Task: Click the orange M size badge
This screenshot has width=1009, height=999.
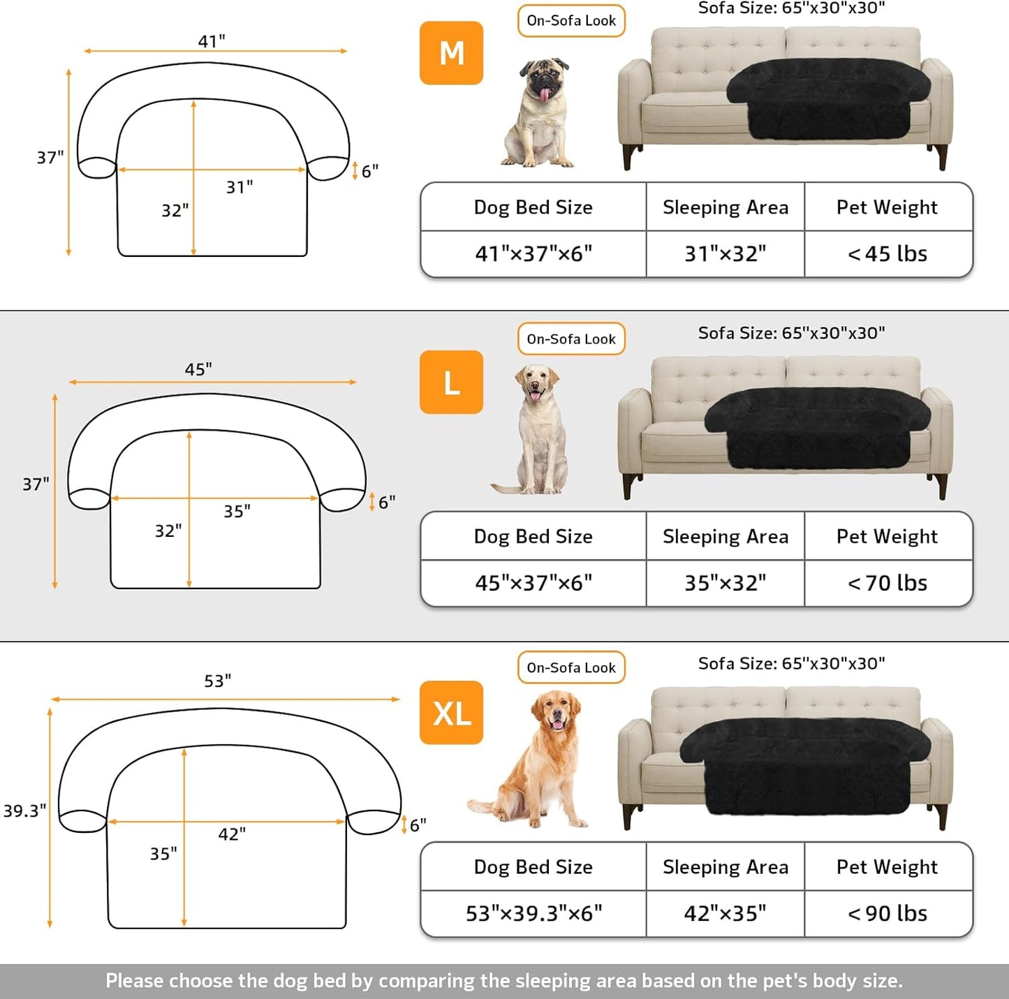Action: coord(451,53)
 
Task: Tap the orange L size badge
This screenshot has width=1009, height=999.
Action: coord(451,382)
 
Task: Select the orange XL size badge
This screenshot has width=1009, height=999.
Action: coord(451,713)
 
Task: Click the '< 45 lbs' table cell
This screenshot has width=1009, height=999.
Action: coord(888,254)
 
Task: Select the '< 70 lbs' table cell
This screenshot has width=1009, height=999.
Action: coord(888,583)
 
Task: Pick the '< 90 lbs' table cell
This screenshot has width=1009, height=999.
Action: coord(888,913)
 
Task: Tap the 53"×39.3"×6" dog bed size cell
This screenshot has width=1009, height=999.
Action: coord(533,913)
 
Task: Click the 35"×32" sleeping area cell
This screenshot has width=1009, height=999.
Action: coord(725,583)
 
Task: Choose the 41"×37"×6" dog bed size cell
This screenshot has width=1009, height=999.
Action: coord(533,254)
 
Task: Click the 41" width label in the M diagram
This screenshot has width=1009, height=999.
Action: coord(212,41)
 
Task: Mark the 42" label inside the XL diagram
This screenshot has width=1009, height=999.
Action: coord(232,834)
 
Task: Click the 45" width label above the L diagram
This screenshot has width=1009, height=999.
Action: coord(198,369)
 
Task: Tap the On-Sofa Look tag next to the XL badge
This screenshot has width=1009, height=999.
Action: coord(571,668)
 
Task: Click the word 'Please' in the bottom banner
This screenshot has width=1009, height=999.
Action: coord(135,981)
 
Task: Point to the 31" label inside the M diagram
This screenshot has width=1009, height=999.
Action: coord(240,187)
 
